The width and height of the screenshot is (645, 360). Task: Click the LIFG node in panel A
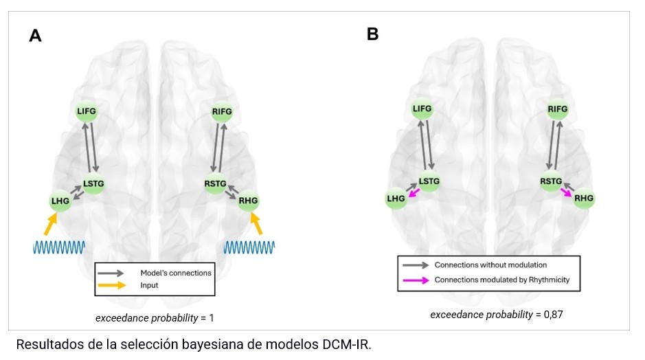[87, 111]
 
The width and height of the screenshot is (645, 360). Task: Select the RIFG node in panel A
[222, 111]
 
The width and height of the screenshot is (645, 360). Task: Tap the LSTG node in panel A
[93, 183]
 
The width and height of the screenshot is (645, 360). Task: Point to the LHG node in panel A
[60, 201]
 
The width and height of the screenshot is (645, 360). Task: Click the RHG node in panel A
[248, 201]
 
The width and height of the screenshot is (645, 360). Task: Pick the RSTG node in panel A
[215, 183]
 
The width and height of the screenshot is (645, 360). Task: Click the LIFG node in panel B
[422, 109]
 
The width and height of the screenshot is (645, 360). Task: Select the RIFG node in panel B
[558, 109]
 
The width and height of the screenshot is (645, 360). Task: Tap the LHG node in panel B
[396, 199]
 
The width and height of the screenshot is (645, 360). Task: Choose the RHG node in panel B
[583, 199]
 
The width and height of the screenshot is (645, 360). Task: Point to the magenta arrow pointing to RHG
[567, 192]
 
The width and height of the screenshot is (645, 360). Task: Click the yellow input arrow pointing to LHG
[49, 224]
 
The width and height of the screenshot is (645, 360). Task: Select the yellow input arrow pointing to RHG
[257, 224]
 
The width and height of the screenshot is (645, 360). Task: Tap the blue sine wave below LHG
[59, 246]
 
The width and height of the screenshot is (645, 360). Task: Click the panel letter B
[372, 33]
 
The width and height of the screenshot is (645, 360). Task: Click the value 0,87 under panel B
[552, 314]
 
